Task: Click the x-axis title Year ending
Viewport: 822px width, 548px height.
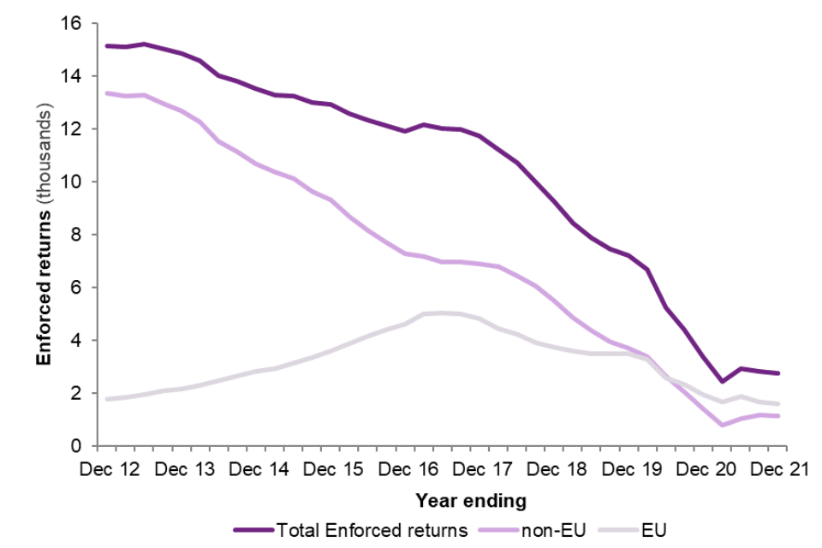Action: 471,498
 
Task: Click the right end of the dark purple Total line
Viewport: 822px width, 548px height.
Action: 778,373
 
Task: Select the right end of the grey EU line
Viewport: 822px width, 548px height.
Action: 778,404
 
